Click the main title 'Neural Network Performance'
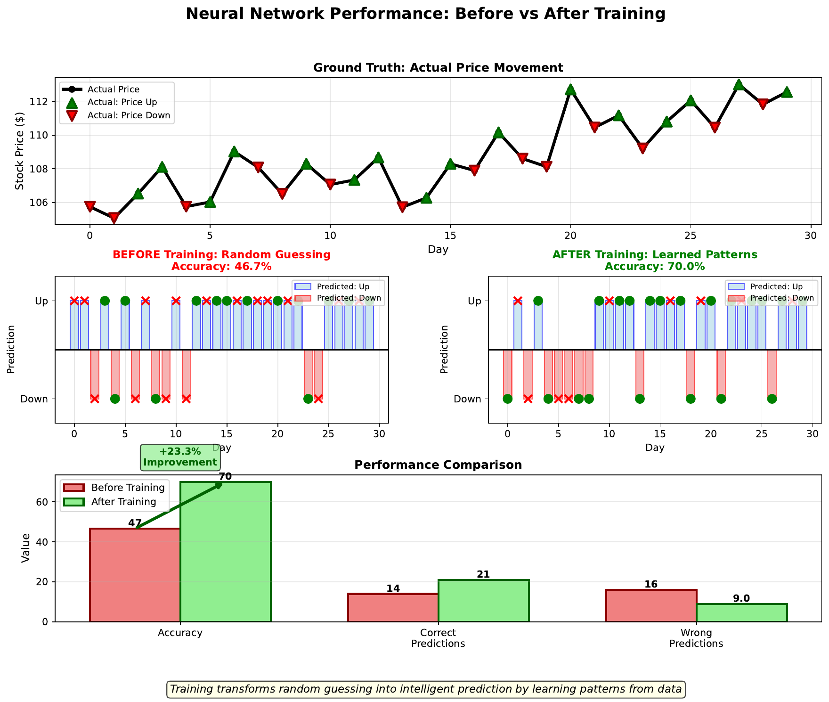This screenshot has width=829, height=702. coord(425,14)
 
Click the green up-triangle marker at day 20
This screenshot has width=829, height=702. coord(570,90)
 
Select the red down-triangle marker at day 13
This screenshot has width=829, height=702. coord(402,207)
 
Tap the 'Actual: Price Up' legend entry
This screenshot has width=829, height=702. coord(122,102)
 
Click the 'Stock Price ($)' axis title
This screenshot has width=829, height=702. coord(19,151)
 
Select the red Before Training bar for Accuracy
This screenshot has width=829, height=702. coord(135,575)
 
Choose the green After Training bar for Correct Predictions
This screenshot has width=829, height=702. coord(483,601)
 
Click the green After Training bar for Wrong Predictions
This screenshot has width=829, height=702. coord(741,612)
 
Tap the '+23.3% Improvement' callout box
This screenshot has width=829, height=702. coord(180,457)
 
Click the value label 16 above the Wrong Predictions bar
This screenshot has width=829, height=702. coord(651,585)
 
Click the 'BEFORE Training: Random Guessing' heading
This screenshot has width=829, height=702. coord(221,255)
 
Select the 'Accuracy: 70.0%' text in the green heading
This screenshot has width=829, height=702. coord(655,267)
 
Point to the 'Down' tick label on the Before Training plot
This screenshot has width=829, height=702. coord(34,400)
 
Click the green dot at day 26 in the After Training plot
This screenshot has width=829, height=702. coord(772,399)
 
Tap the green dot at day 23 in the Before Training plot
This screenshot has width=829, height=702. coord(308,399)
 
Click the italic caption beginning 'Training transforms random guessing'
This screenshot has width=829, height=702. coord(425,689)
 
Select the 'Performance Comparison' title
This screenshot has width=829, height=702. coord(438,465)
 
